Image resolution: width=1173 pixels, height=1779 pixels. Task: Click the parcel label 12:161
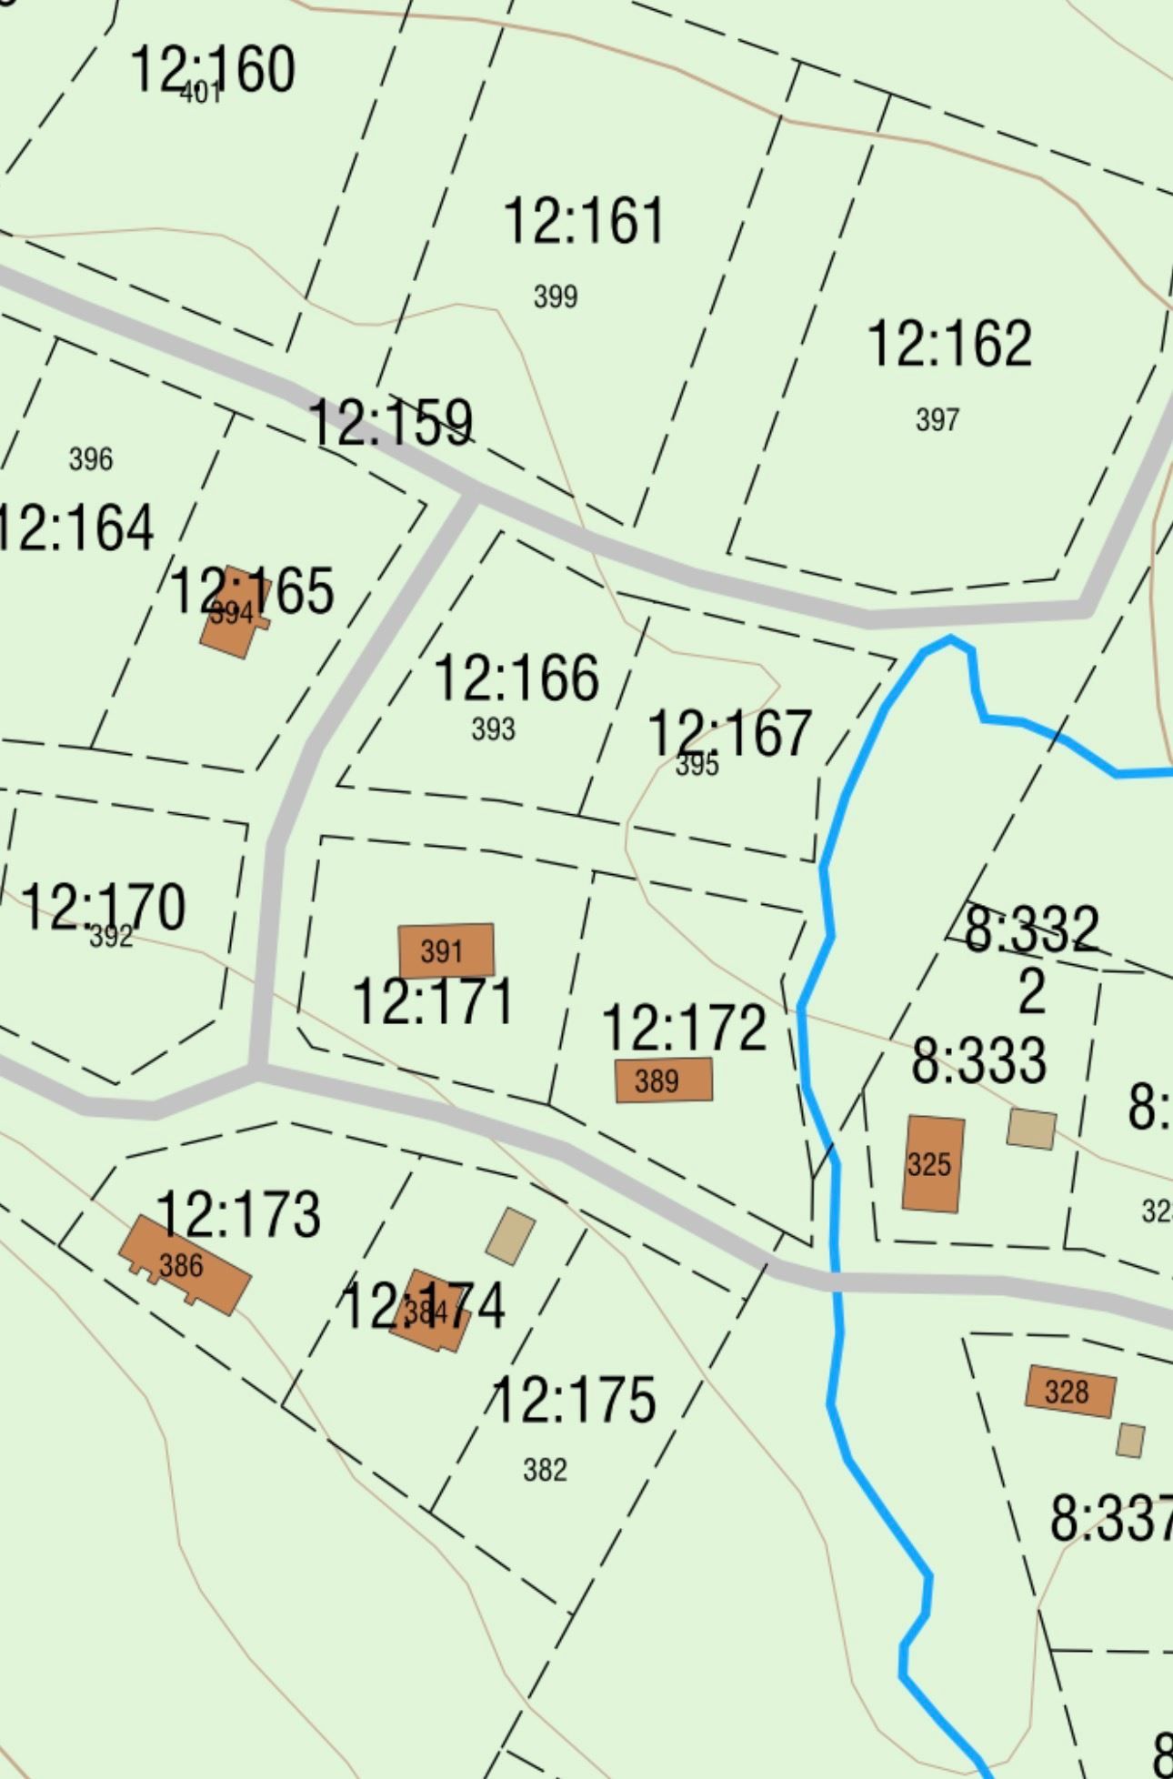click(x=584, y=221)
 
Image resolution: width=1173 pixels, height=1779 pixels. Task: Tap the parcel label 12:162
click(x=949, y=344)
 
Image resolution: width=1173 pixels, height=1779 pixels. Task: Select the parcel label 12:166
click(x=516, y=678)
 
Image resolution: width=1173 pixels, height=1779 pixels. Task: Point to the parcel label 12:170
click(x=103, y=907)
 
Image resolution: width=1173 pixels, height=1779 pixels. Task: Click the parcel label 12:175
click(x=574, y=1400)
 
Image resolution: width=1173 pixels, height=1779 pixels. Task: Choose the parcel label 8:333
click(x=978, y=1060)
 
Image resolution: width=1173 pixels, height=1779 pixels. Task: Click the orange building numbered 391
click(x=446, y=950)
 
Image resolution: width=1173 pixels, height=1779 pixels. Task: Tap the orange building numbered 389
click(x=663, y=1080)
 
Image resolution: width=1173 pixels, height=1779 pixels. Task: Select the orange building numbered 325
click(x=932, y=1164)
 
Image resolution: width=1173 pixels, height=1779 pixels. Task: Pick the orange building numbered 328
click(x=1069, y=1392)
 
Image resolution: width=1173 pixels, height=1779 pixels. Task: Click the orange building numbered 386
click(x=185, y=1264)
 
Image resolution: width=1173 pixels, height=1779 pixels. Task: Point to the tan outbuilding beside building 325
click(x=1031, y=1129)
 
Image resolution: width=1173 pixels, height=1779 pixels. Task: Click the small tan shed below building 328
click(x=1130, y=1441)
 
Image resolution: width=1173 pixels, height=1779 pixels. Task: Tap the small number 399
click(x=555, y=296)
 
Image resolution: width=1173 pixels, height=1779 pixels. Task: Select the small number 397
click(x=937, y=420)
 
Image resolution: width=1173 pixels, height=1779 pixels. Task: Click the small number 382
click(x=545, y=1470)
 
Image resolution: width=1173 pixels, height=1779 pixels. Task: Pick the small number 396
click(x=91, y=459)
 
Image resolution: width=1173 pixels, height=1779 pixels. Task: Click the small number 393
click(x=493, y=729)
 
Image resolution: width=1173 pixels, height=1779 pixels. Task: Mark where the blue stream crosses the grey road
click(x=836, y=1281)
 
